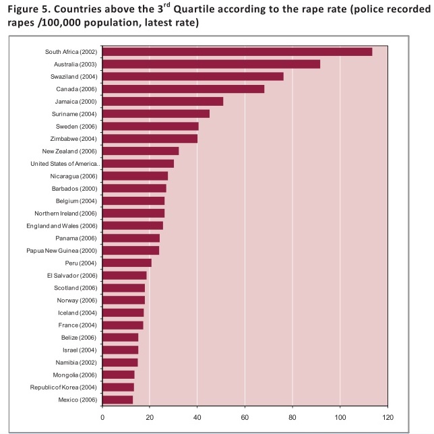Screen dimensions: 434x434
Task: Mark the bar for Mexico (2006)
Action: tap(117, 400)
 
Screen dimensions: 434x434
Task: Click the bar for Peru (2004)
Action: tap(127, 263)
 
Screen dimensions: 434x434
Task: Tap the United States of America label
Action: tap(65, 164)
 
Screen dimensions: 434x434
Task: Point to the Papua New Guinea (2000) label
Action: tap(66, 251)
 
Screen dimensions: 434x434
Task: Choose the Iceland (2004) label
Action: tap(78, 313)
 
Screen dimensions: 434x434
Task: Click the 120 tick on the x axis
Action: tap(387, 417)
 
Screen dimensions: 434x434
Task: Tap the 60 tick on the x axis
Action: tap(245, 417)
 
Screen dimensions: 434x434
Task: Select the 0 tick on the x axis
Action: tap(102, 417)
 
